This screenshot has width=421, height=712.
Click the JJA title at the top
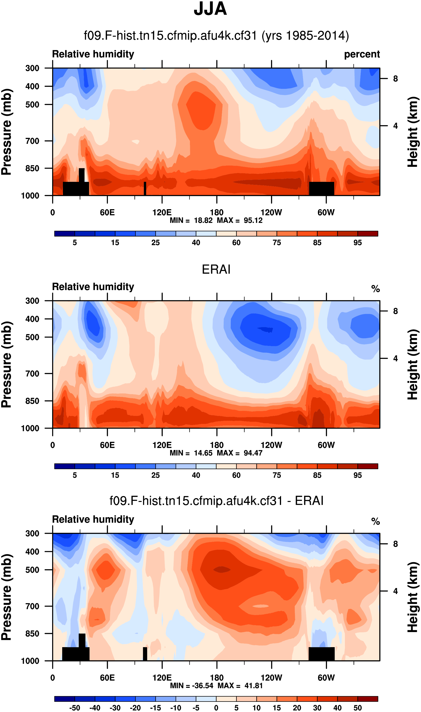coord(210,9)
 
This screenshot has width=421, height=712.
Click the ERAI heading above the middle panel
coord(216,269)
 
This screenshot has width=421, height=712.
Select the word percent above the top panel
coord(362,54)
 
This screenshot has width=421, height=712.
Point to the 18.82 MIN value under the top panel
coord(203,220)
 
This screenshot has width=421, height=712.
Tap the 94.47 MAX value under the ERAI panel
coord(253,453)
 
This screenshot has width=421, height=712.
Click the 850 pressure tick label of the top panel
coord(32,168)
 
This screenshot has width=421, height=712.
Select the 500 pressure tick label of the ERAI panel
coord(32,337)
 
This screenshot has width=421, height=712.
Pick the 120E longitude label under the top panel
coord(162,213)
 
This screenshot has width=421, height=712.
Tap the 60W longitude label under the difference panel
coord(326,678)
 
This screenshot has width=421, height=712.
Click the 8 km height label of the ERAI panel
coord(395,311)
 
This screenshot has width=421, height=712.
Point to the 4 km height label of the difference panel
coord(395,591)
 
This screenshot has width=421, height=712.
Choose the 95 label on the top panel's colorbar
coord(357,243)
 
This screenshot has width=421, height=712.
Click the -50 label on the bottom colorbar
coord(75,708)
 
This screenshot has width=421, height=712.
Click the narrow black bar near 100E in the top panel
coord(145,188)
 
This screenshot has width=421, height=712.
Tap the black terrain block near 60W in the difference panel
coord(321,654)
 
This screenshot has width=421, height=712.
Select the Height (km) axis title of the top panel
coord(413,132)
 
